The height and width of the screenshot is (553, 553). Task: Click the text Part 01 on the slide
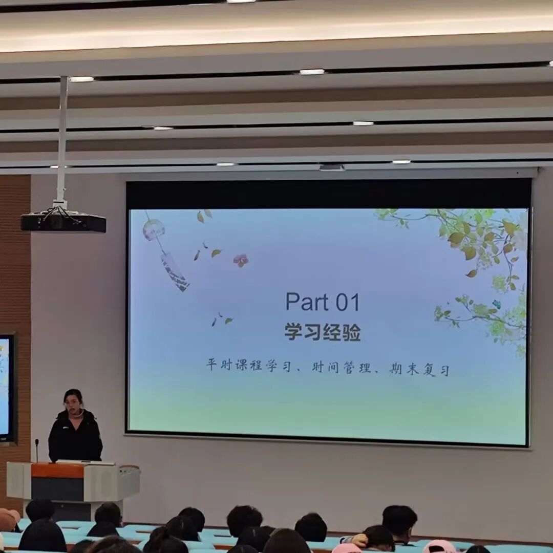click(x=323, y=302)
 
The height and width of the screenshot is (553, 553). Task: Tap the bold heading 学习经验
click(x=323, y=332)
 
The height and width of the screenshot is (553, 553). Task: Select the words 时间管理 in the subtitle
click(x=341, y=368)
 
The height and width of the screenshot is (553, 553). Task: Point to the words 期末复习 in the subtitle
click(x=419, y=370)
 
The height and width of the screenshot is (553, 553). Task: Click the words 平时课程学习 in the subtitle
click(x=249, y=366)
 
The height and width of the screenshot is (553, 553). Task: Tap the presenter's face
click(x=73, y=402)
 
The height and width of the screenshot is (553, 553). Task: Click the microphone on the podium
click(x=37, y=450)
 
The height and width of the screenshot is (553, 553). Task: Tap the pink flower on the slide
click(x=241, y=260)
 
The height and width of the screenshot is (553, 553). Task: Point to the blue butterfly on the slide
click(x=496, y=304)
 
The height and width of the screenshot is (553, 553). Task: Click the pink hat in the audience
click(x=439, y=547)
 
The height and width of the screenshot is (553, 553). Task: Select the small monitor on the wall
click(x=7, y=389)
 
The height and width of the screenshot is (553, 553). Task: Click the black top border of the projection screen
click(x=329, y=195)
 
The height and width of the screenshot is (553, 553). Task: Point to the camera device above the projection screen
click(x=331, y=167)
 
